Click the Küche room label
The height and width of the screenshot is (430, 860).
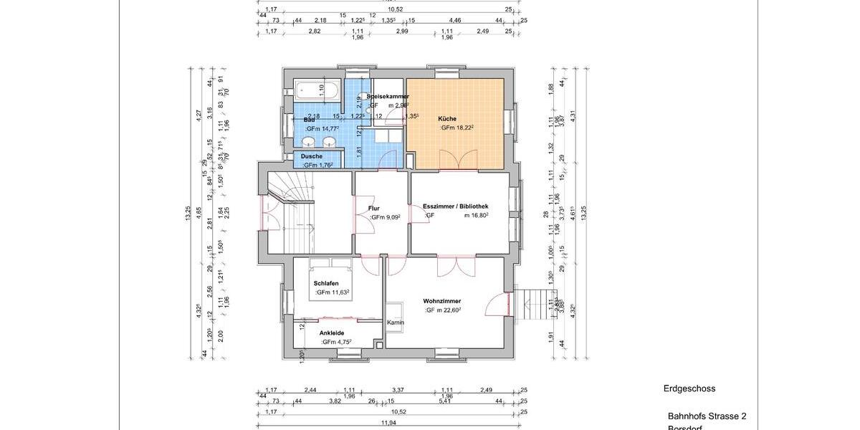click(447, 119)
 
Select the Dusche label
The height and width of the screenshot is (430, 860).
click(311, 156)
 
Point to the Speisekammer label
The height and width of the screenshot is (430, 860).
click(388, 96)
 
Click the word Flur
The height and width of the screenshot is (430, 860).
click(373, 209)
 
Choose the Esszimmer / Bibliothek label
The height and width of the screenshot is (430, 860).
click(455, 206)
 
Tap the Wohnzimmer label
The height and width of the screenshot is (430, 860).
click(441, 301)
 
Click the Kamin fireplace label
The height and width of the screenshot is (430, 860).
click(395, 322)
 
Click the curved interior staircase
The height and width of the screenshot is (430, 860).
click(291, 191)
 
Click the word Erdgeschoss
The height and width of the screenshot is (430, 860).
click(689, 389)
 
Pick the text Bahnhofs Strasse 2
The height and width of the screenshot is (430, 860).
click(707, 416)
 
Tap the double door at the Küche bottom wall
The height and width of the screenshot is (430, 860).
click(459, 161)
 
